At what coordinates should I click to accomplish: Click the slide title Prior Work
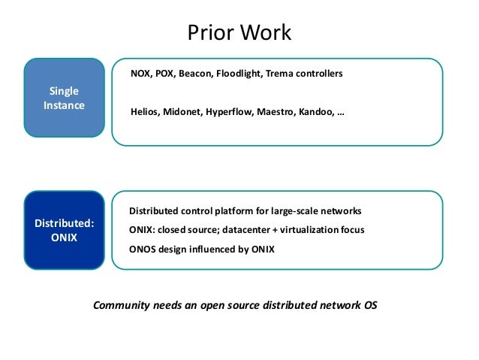pos(239,34)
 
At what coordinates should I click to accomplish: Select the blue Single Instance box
pos(63,98)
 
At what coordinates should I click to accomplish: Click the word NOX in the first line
pos(141,74)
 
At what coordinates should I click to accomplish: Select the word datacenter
pos(261,230)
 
